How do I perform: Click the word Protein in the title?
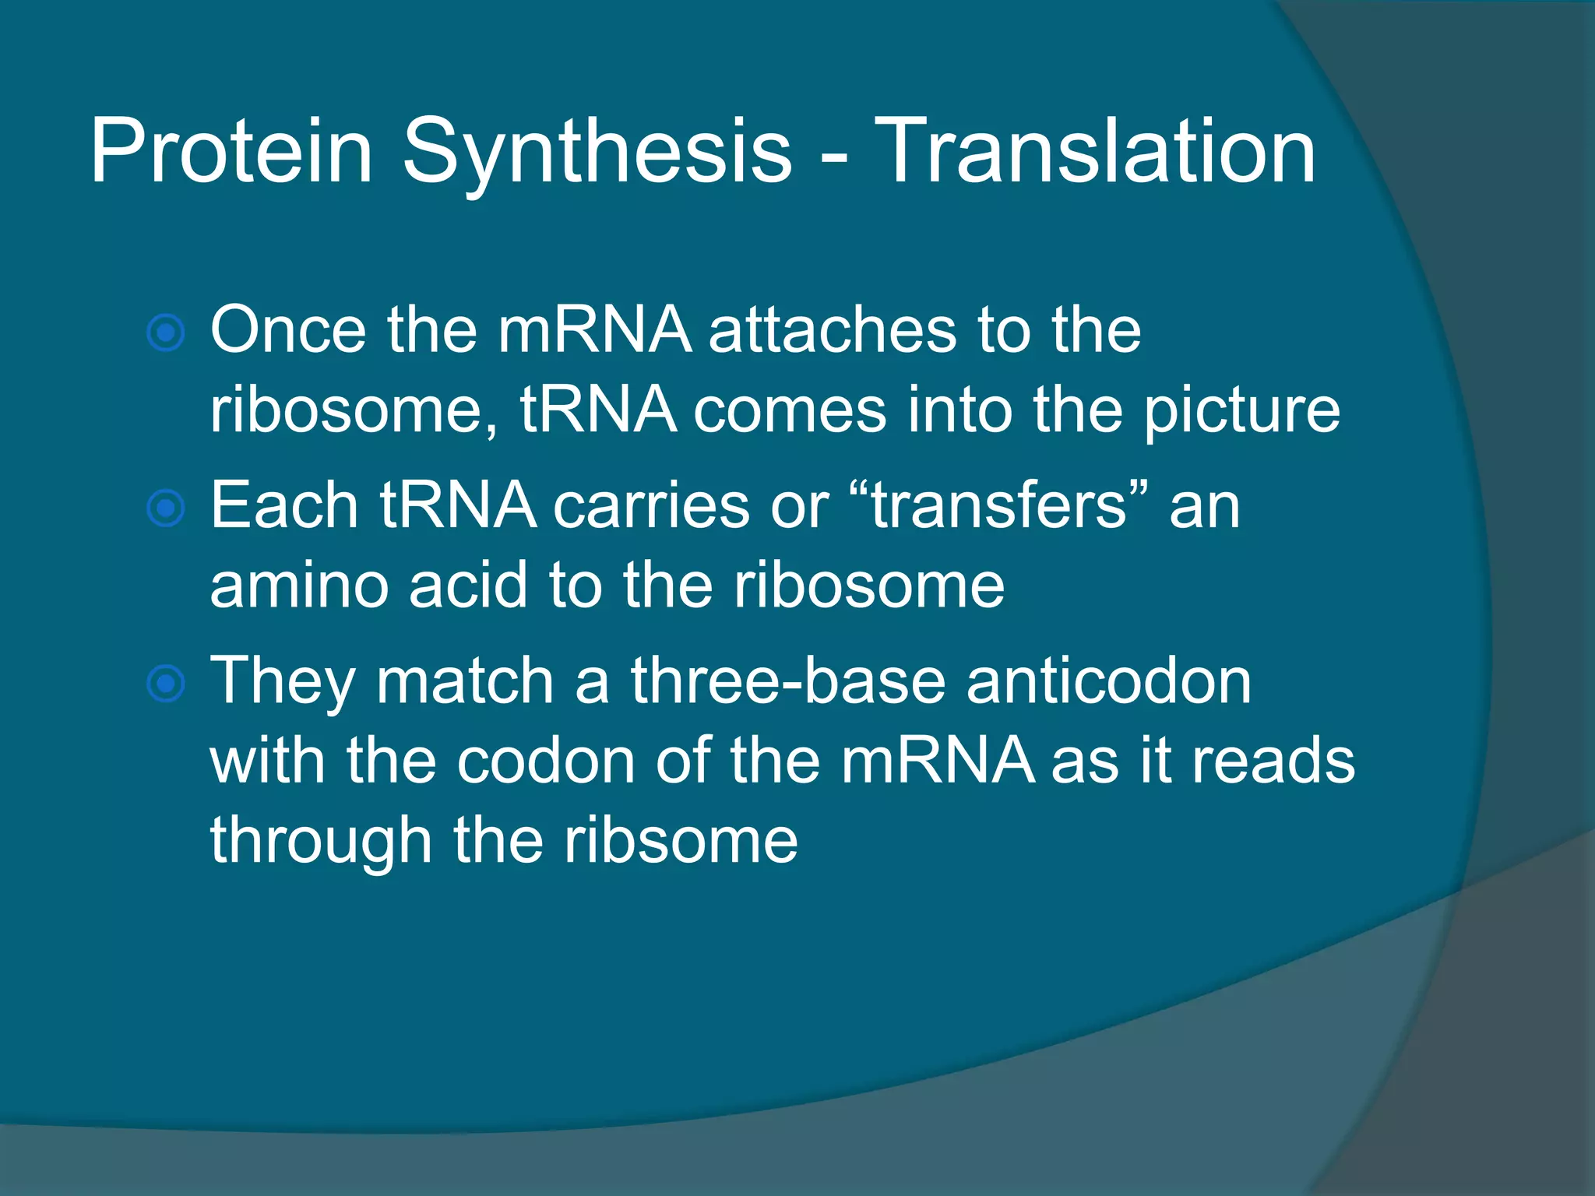pos(231,152)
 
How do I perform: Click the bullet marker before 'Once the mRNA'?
pos(166,333)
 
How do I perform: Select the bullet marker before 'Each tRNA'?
pos(166,508)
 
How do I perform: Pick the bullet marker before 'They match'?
pos(166,684)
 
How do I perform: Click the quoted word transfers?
pos(1000,506)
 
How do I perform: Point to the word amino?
pos(299,586)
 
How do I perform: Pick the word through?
pos(321,842)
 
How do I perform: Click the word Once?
pos(288,330)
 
